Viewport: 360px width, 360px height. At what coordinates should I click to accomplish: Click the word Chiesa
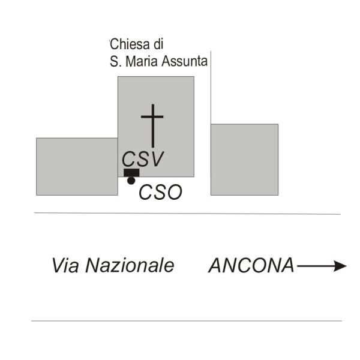(130, 44)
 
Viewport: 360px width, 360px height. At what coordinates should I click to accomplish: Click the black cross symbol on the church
(152, 126)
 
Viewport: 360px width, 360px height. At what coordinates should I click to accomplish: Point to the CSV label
(143, 159)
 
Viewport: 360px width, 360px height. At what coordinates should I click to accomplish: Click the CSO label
(160, 192)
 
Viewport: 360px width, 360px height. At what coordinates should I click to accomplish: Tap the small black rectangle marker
(131, 173)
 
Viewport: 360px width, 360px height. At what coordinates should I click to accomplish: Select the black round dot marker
(131, 181)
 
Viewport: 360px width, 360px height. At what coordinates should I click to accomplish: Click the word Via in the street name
(65, 265)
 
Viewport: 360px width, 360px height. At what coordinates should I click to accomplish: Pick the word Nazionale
(130, 265)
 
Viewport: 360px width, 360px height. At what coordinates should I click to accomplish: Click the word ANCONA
(251, 265)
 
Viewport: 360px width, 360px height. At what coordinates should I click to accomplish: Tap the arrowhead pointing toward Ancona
(340, 266)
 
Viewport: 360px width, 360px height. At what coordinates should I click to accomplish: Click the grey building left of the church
(77, 167)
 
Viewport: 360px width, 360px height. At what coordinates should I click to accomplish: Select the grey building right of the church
(245, 160)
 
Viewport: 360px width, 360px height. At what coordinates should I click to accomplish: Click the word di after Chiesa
(158, 44)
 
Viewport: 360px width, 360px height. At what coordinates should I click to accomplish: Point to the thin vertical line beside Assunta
(211, 88)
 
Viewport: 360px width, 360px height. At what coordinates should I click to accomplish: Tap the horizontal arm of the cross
(152, 117)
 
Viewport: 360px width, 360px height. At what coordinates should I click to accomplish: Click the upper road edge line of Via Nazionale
(187, 214)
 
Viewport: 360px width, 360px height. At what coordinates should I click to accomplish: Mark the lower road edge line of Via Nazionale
(187, 321)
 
